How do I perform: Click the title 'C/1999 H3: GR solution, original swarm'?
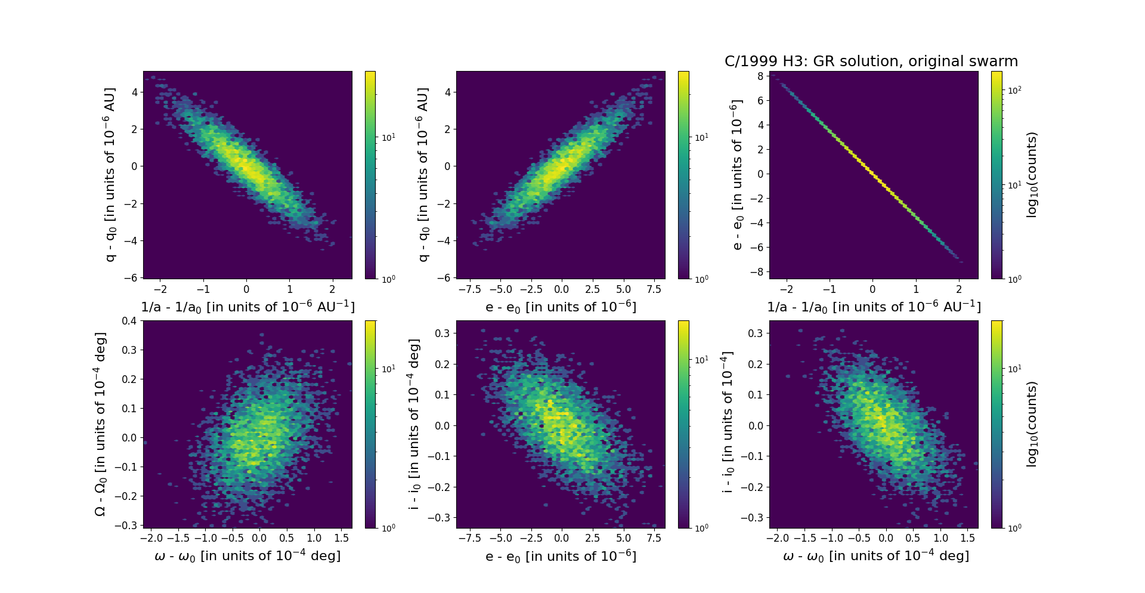(x=871, y=61)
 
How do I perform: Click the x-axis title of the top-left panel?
(x=247, y=307)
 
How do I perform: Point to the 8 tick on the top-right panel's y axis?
(x=760, y=76)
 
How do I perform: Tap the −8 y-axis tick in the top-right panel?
(x=757, y=272)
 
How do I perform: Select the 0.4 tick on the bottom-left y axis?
(x=129, y=321)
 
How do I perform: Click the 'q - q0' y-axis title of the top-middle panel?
(x=423, y=175)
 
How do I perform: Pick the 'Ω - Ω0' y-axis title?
(x=100, y=424)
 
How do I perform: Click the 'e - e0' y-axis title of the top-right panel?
(x=737, y=175)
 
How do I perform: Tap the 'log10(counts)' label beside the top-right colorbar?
(x=1032, y=175)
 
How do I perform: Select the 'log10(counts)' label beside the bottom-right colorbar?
(x=1032, y=424)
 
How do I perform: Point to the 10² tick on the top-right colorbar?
(x=1014, y=90)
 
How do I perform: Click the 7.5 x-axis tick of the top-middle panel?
(x=654, y=289)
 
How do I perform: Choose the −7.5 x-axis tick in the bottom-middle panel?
(x=469, y=538)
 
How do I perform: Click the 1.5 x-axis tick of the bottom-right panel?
(x=967, y=538)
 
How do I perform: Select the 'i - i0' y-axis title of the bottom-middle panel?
(x=414, y=424)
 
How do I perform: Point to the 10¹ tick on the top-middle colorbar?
(x=701, y=137)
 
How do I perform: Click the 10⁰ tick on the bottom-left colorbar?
(x=388, y=528)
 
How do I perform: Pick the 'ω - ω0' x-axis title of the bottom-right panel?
(x=875, y=556)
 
